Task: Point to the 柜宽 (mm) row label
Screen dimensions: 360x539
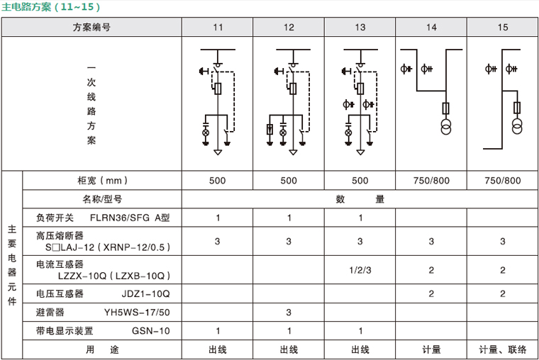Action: [x=104, y=180]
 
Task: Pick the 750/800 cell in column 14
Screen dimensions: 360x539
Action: [x=431, y=180]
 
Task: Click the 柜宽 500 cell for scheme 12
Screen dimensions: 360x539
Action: [x=289, y=180]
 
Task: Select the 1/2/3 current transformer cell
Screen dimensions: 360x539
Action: [x=360, y=270]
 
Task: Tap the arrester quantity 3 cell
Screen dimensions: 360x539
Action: [x=289, y=312]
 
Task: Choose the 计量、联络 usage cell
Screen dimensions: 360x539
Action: [x=503, y=349]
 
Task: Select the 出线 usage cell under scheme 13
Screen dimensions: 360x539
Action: [x=360, y=349]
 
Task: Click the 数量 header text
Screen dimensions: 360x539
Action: [x=360, y=199]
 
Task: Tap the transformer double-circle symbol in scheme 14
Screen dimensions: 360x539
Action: [x=446, y=127]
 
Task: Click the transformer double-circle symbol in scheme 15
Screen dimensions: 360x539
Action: [x=518, y=127]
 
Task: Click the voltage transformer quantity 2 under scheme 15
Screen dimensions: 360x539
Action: [x=503, y=293]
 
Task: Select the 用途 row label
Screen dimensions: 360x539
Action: [x=103, y=349]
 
